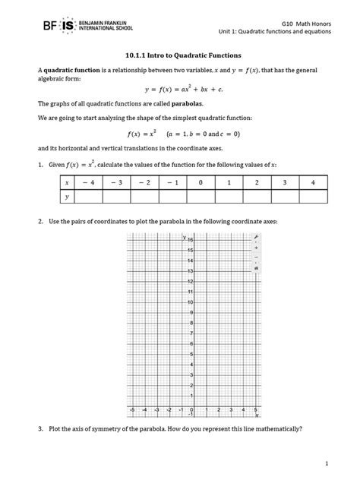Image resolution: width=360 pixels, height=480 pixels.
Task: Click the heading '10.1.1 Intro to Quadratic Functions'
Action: coord(180,55)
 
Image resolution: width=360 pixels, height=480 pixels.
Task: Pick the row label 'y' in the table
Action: coord(67,197)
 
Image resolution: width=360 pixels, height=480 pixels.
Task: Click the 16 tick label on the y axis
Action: coord(191,240)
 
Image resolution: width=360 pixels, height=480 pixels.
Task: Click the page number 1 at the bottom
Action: coord(325,463)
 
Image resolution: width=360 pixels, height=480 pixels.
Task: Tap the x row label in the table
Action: coord(67,183)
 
